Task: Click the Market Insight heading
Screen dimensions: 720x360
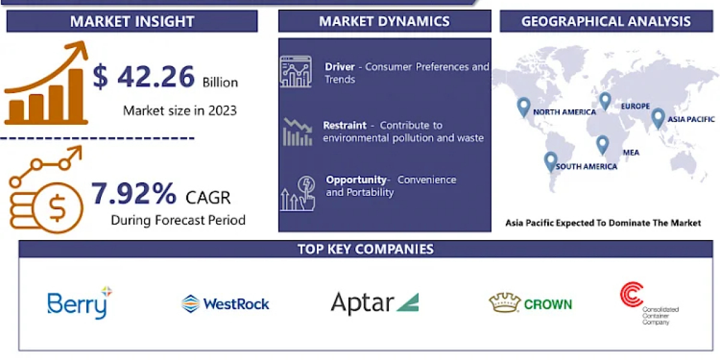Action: pyautogui.click(x=132, y=22)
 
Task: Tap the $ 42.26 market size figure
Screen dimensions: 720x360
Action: pyautogui.click(x=143, y=77)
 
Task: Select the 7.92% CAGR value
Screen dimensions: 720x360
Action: pyautogui.click(x=134, y=193)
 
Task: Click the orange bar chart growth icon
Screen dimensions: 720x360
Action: pyautogui.click(x=47, y=83)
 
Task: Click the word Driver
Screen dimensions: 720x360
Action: pyautogui.click(x=340, y=67)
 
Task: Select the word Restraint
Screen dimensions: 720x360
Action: pyautogui.click(x=344, y=125)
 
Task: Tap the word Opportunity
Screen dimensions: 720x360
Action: pyautogui.click(x=356, y=180)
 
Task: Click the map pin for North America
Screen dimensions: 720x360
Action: pyautogui.click(x=524, y=107)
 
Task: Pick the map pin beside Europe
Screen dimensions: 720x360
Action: pyautogui.click(x=605, y=101)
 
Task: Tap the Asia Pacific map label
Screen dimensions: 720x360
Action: pyautogui.click(x=691, y=119)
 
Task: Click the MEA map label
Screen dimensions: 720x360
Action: pyautogui.click(x=631, y=152)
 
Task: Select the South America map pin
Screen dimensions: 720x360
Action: pyautogui.click(x=551, y=161)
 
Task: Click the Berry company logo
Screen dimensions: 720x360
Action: pyautogui.click(x=80, y=302)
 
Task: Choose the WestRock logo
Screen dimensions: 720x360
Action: pyautogui.click(x=226, y=304)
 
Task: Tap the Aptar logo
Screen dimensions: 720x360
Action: pyautogui.click(x=375, y=303)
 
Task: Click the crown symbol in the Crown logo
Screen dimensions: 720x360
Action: pyautogui.click(x=505, y=302)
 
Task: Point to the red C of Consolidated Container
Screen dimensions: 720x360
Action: pyautogui.click(x=631, y=295)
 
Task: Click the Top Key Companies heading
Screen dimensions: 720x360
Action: pyautogui.click(x=365, y=249)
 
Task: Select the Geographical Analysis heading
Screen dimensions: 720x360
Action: pyautogui.click(x=606, y=22)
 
